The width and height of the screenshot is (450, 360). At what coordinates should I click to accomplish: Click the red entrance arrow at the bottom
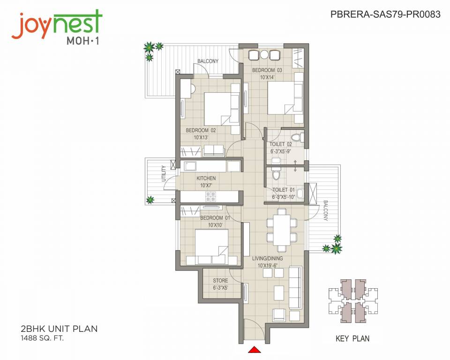[254, 349]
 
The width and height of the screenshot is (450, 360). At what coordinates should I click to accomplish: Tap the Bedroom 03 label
[267, 70]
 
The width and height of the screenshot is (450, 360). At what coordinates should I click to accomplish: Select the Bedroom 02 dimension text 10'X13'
[201, 138]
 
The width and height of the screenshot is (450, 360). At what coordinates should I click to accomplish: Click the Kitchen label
[206, 178]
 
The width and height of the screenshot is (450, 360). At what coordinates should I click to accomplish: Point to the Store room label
[220, 281]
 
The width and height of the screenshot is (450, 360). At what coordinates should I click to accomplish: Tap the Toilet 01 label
[284, 190]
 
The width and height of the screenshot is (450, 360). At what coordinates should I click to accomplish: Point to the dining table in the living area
[282, 229]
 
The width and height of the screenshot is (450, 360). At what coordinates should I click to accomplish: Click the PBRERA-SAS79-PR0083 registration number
[385, 15]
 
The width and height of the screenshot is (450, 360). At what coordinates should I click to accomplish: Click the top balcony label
[207, 61]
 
